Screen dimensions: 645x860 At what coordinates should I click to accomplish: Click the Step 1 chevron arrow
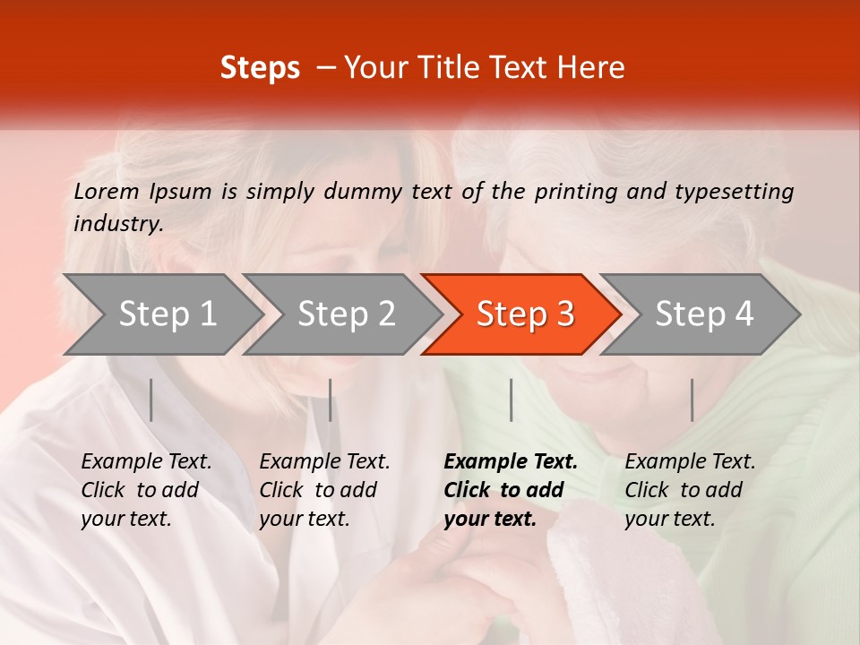pyautogui.click(x=167, y=314)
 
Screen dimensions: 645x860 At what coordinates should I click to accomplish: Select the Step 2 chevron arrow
pyautogui.click(x=346, y=314)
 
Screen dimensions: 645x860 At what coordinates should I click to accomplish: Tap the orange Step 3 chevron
pyautogui.click(x=525, y=314)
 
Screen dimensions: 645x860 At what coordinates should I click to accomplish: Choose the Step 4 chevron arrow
pyautogui.click(x=704, y=314)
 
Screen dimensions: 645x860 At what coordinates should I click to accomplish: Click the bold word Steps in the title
pyautogui.click(x=260, y=68)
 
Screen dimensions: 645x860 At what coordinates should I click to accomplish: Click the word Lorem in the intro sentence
pyautogui.click(x=107, y=191)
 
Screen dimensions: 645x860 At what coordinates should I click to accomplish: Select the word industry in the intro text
pyautogui.click(x=118, y=224)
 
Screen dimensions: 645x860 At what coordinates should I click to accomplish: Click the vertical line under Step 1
pyautogui.click(x=151, y=400)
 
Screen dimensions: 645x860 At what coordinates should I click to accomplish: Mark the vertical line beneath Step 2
pyautogui.click(x=331, y=400)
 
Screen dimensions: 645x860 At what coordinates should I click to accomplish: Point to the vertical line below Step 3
pyautogui.click(x=511, y=400)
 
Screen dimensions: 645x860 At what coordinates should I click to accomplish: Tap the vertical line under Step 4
pyautogui.click(x=692, y=400)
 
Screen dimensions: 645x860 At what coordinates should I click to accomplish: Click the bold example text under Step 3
pyautogui.click(x=509, y=490)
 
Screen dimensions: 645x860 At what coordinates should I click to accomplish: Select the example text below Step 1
pyautogui.click(x=145, y=490)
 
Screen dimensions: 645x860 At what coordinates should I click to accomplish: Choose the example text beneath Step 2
pyautogui.click(x=323, y=490)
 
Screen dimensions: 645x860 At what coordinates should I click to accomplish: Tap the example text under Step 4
pyautogui.click(x=689, y=490)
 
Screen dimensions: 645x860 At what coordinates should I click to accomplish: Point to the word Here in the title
pyautogui.click(x=595, y=68)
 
